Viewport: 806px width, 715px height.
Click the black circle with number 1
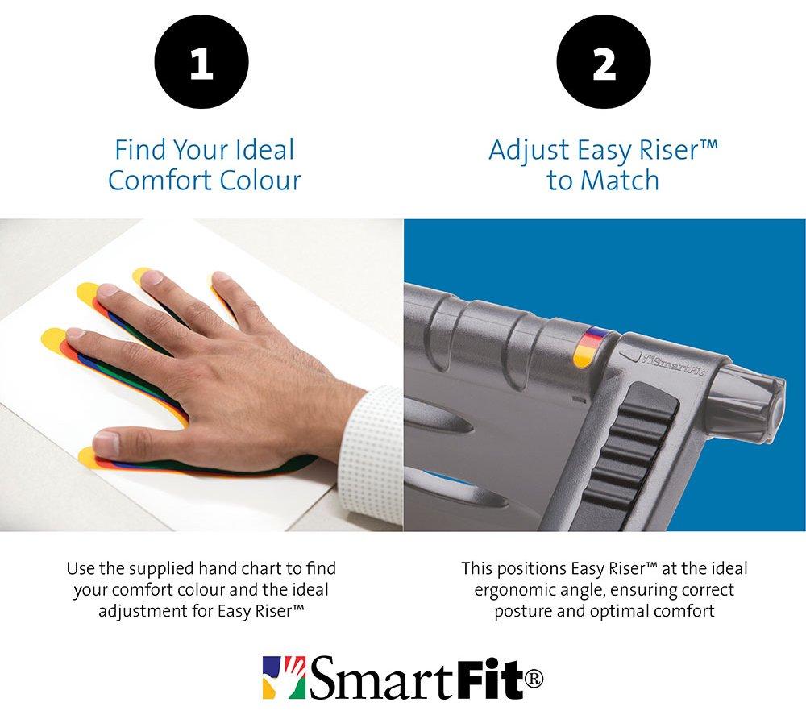click(201, 61)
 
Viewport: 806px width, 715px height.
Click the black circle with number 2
click(604, 61)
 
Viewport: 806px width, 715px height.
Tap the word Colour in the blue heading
click(260, 181)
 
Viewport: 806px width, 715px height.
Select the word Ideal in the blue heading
click(264, 150)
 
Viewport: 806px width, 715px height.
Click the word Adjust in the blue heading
click(529, 151)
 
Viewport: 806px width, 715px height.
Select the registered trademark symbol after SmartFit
click(534, 680)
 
